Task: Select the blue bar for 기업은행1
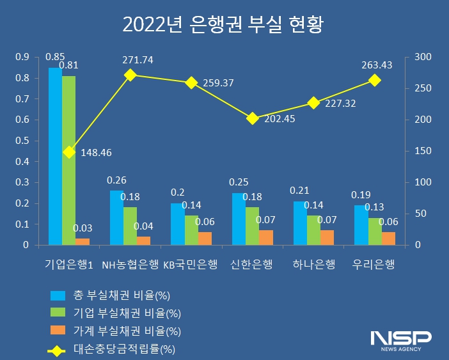(55, 156)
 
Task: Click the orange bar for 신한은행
(266, 237)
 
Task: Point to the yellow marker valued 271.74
(130, 75)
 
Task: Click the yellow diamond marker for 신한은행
(253, 118)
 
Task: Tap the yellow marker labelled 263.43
(375, 80)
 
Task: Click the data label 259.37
(218, 83)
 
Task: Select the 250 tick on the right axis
(423, 88)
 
